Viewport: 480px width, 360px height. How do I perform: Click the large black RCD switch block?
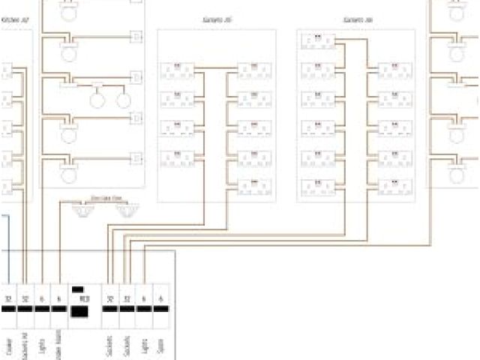click(79, 310)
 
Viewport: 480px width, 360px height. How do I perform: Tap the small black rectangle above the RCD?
click(77, 289)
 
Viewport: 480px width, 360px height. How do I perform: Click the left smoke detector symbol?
click(80, 213)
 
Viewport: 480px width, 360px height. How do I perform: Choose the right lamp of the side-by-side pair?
click(124, 100)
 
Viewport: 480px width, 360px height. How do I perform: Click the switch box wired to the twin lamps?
click(136, 76)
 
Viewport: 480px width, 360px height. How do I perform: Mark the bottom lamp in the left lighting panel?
click(69, 176)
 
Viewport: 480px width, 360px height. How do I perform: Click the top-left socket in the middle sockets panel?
click(178, 71)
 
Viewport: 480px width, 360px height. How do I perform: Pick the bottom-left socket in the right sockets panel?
click(317, 185)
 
